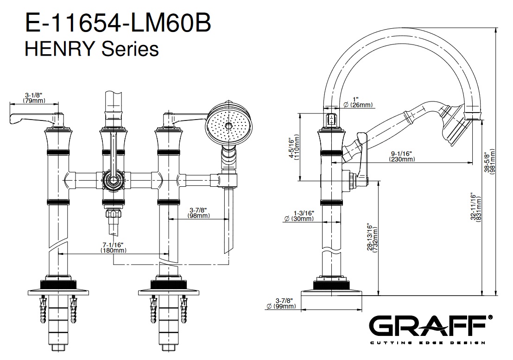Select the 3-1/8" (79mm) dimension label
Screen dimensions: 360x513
pos(35,97)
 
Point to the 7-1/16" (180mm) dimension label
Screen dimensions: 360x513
pos(114,247)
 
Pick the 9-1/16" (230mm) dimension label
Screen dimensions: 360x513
pos(401,156)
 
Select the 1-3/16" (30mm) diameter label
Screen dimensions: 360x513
pos(302,216)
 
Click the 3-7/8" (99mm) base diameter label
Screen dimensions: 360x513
pos(282,303)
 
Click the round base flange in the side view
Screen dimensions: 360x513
pos(332,293)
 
